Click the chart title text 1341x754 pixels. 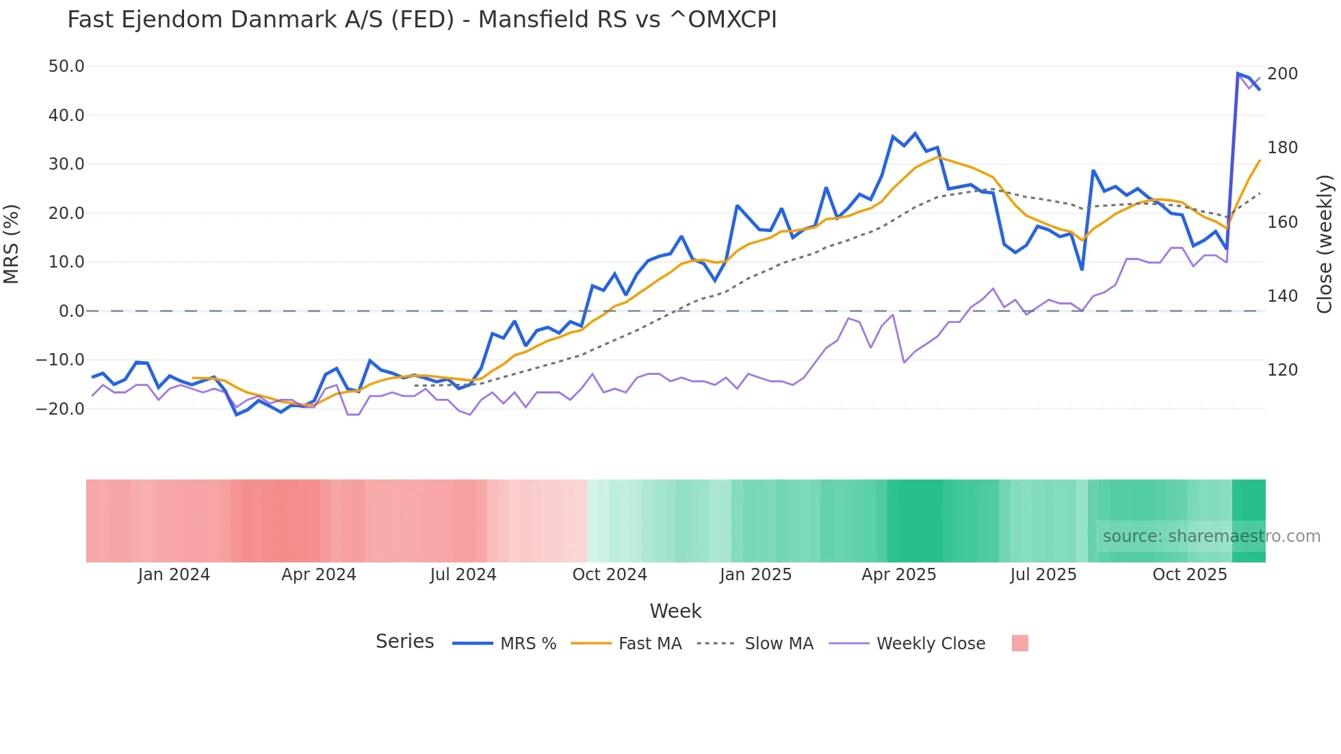coord(421,20)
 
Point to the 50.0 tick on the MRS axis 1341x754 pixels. coord(66,66)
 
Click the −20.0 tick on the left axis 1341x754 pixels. coord(61,409)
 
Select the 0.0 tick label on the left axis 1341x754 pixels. coord(71,311)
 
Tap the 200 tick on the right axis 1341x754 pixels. coord(1282,74)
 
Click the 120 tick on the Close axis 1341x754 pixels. coord(1282,370)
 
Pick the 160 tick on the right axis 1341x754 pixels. coord(1282,222)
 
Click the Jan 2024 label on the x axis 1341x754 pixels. coord(174,575)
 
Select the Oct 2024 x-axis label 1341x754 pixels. coord(610,575)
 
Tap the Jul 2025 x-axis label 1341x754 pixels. coord(1043,575)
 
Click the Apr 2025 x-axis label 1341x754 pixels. coord(899,575)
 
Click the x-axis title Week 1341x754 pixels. coord(675,611)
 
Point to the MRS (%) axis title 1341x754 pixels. coord(12,244)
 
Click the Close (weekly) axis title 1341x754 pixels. coord(1325,244)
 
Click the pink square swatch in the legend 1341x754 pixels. coord(1019,643)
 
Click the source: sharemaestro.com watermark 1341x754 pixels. coord(1211,536)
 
